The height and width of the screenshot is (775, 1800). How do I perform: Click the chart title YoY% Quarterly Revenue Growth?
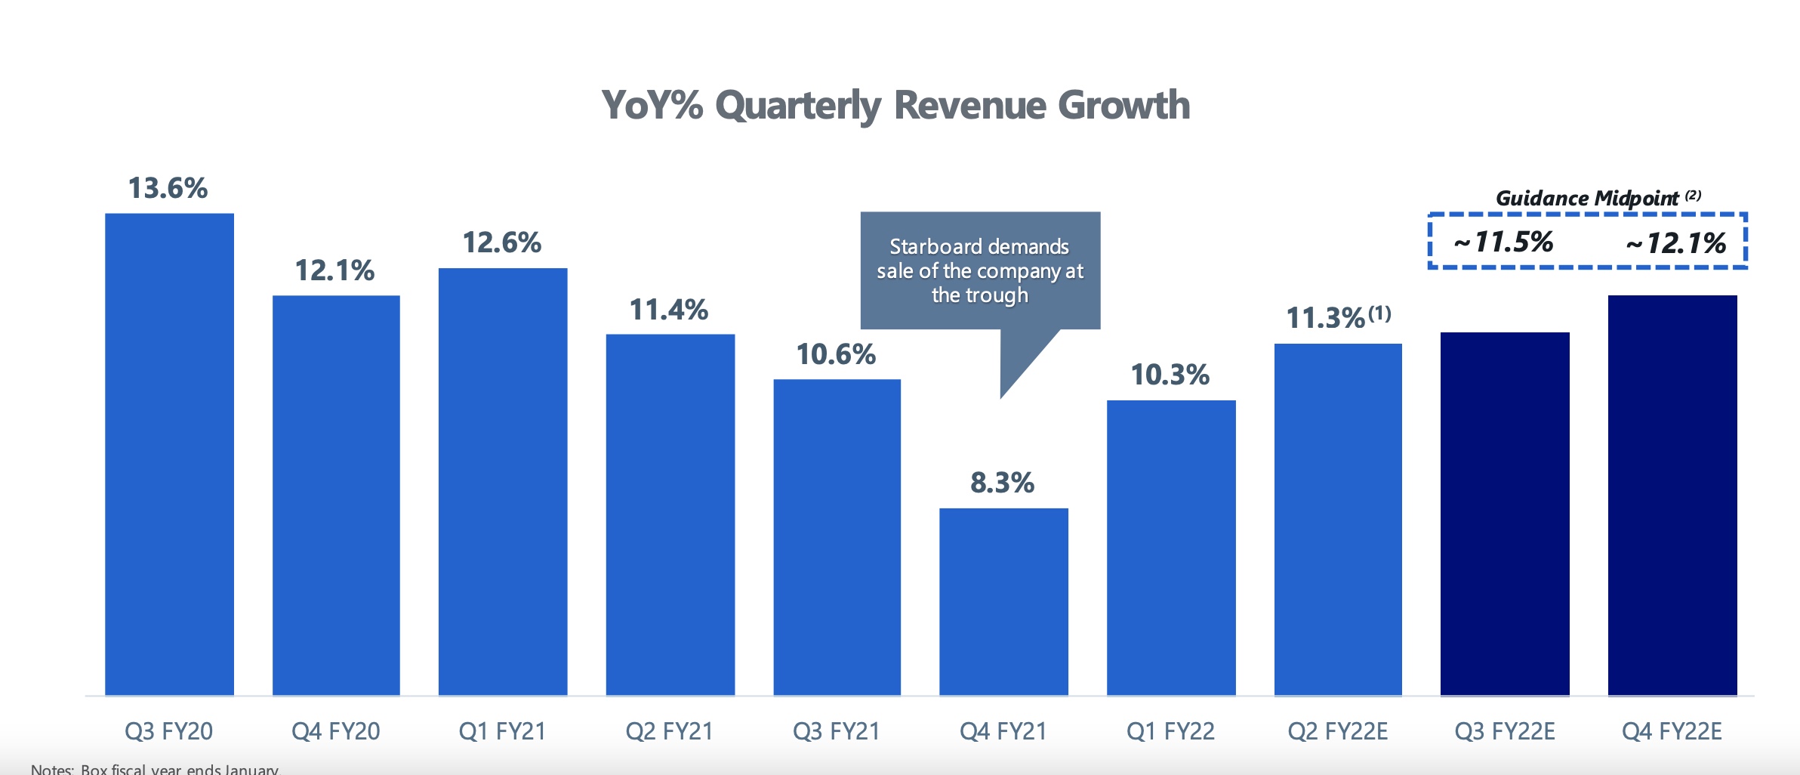pos(895,105)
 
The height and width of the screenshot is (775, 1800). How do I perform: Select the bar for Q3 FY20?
pos(169,453)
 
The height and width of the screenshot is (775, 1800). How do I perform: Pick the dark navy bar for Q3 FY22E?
pos(1505,514)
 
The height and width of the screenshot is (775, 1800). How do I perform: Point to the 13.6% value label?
pos(168,188)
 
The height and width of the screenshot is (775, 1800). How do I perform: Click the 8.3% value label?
pos(1002,483)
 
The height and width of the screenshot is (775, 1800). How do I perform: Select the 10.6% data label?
pos(836,354)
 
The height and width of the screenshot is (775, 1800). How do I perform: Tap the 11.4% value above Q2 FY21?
pos(668,310)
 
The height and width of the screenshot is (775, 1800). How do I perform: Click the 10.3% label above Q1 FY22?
pos(1170,375)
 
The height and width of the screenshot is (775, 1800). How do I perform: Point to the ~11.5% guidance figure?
pos(1503,242)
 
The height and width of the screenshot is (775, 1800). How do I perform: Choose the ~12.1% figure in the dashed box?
pos(1676,243)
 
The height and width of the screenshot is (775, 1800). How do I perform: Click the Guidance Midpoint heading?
pos(1587,198)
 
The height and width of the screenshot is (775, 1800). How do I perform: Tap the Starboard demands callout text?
pos(980,270)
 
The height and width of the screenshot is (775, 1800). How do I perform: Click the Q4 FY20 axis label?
pos(335,731)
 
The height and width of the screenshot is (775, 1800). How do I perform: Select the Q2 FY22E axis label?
pos(1337,731)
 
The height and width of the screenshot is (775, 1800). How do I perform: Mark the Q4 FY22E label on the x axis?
pos(1672,731)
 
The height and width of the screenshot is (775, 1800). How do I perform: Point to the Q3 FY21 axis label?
pos(836,731)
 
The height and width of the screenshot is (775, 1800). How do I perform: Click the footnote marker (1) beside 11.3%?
pos(1379,313)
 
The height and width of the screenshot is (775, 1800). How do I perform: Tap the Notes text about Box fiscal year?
pos(155,769)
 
